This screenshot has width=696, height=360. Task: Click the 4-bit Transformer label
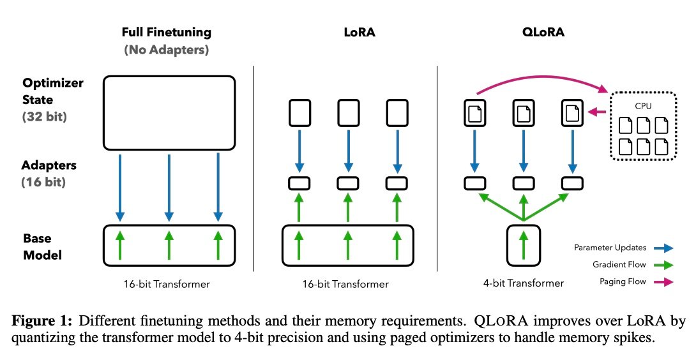point(523,283)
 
